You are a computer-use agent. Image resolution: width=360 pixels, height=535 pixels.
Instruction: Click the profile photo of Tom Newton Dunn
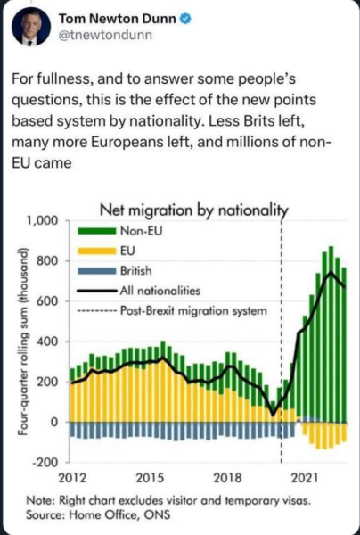point(31,27)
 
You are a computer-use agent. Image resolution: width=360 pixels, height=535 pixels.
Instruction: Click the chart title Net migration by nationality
point(193,210)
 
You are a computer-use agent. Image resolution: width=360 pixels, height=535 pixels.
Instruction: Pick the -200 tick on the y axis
point(46,462)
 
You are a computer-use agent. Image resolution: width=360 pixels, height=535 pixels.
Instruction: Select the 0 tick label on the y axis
point(55,422)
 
